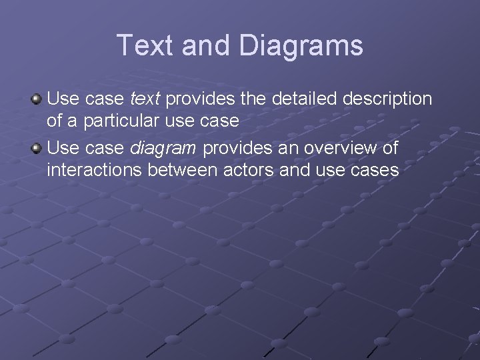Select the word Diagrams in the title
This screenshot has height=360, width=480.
[301, 45]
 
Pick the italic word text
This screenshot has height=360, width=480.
[145, 99]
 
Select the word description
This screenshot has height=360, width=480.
[387, 99]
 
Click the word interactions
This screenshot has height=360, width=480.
[94, 170]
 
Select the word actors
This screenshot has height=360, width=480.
[249, 170]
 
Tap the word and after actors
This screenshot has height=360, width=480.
[295, 170]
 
